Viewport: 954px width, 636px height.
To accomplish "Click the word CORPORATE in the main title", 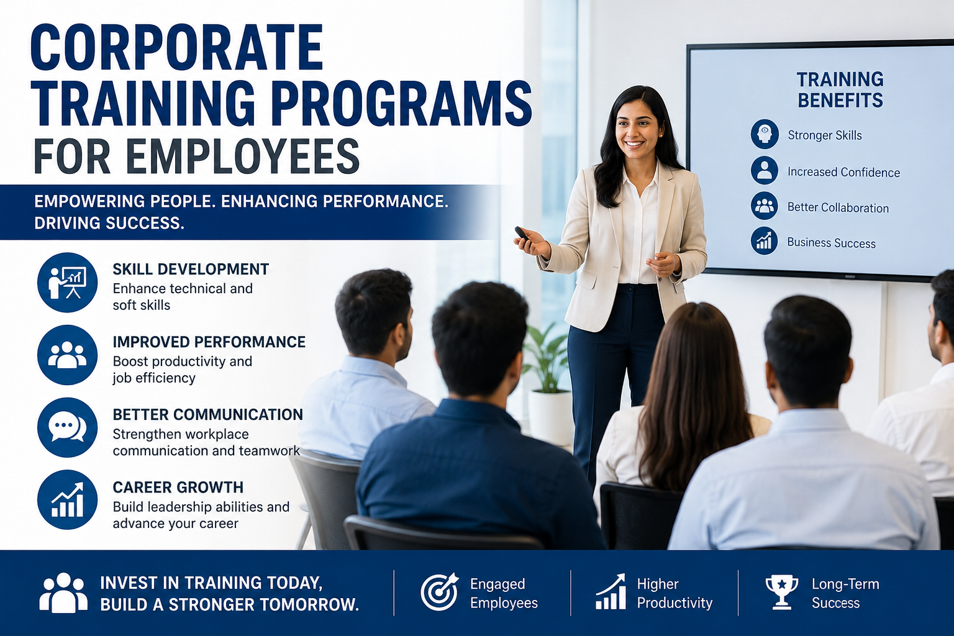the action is (x=176, y=48).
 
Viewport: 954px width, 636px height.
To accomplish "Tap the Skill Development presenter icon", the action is (x=67, y=283).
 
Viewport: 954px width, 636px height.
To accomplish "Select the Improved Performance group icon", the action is (x=67, y=355).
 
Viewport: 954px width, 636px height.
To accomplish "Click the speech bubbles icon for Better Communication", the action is (x=67, y=428).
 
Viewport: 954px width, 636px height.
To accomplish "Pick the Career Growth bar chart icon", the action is (x=67, y=500).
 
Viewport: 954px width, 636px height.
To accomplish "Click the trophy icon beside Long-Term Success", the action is (x=782, y=592).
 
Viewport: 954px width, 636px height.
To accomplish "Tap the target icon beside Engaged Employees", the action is (x=439, y=592).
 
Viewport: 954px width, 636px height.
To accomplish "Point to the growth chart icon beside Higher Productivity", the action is (x=611, y=591).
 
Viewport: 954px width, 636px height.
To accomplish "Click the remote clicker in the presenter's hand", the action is (x=522, y=234).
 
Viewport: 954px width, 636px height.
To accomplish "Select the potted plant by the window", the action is (x=548, y=383).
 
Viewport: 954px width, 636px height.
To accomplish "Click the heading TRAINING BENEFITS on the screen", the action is (x=840, y=90).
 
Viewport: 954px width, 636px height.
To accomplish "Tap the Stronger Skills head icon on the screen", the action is (x=765, y=134).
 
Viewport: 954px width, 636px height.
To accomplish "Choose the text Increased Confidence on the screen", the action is (x=843, y=172).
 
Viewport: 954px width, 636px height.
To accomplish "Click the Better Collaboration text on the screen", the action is (x=838, y=207).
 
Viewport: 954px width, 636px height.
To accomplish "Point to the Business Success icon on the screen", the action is (x=764, y=241).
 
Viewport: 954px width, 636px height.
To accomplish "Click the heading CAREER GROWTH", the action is (x=178, y=488).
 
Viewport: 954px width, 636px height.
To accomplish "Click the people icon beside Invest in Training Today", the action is (x=63, y=593).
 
